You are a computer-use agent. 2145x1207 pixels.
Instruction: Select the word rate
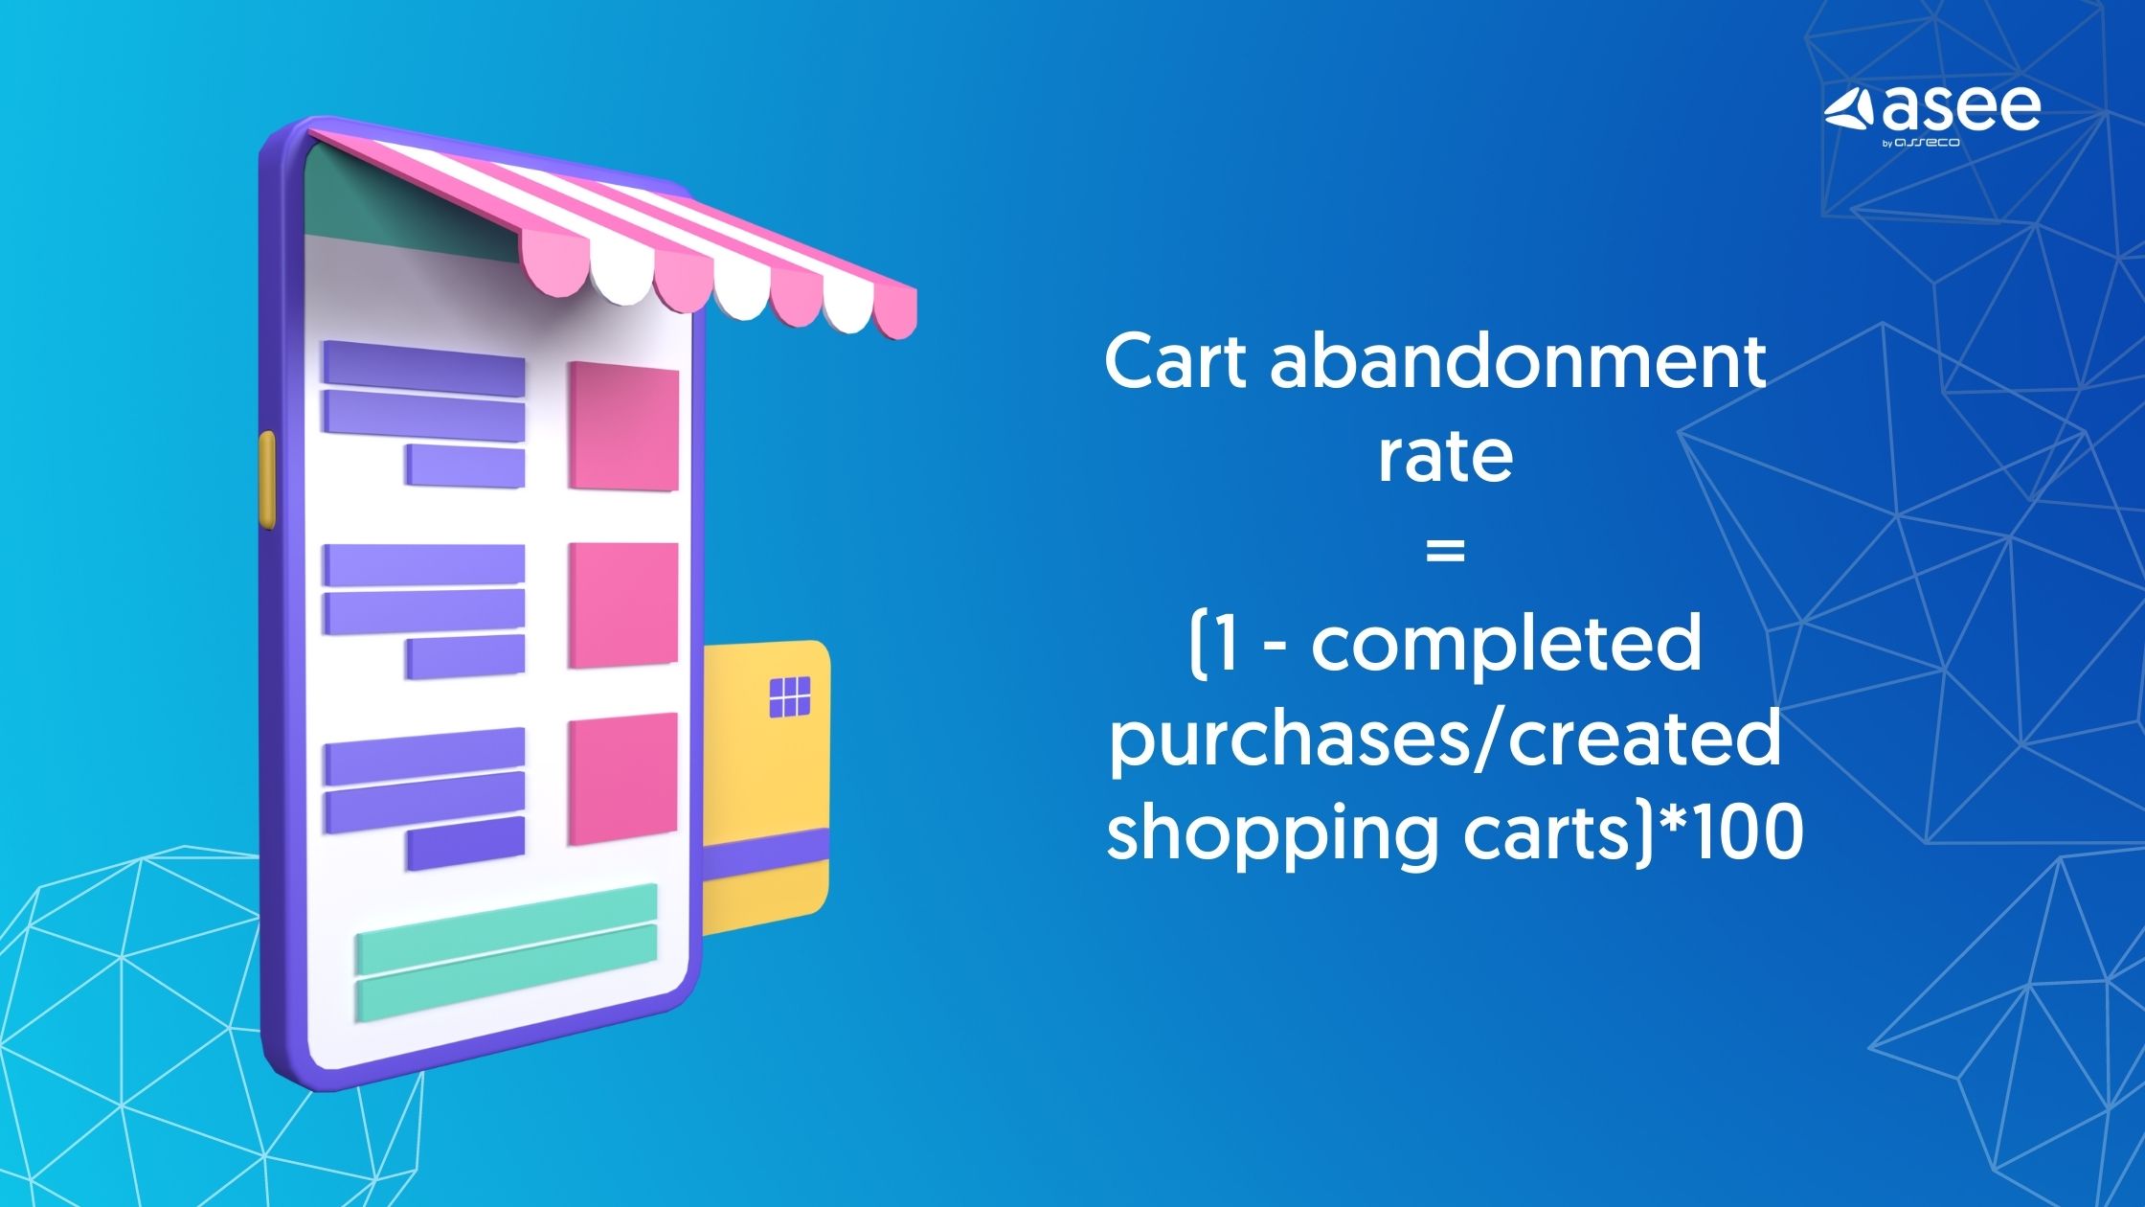pyautogui.click(x=1445, y=457)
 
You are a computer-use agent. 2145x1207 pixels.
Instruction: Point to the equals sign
pyautogui.click(x=1445, y=551)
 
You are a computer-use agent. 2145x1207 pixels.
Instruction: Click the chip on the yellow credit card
pyautogui.click(x=790, y=696)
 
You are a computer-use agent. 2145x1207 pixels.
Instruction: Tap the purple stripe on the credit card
pyautogui.click(x=766, y=853)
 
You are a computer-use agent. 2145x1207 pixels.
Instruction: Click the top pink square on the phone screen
pyautogui.click(x=623, y=426)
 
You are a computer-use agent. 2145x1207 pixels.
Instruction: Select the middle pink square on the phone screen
pyautogui.click(x=623, y=605)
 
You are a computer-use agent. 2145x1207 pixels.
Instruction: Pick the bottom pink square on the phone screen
pyautogui.click(x=623, y=779)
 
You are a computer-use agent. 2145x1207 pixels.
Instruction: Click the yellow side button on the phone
pyautogui.click(x=267, y=479)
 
